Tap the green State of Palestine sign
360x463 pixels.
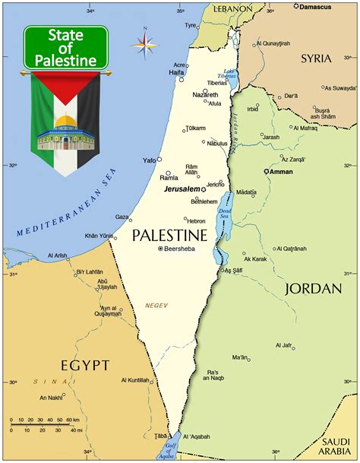[65, 47]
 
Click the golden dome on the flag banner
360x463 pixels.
[65, 122]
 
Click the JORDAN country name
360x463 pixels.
[310, 289]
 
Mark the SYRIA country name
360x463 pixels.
[316, 58]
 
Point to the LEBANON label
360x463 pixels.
[232, 8]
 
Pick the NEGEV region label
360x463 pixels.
[156, 305]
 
